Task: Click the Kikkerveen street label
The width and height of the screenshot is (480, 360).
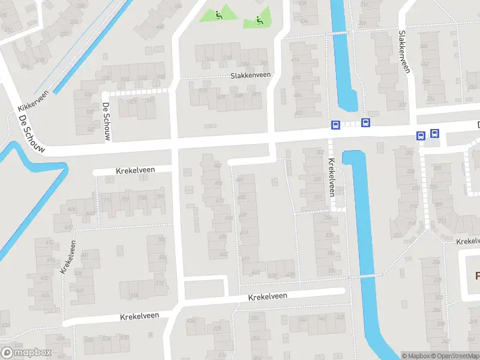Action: tap(32, 103)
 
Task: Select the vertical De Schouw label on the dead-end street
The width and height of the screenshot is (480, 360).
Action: tap(106, 122)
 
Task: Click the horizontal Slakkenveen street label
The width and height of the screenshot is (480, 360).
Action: tap(251, 76)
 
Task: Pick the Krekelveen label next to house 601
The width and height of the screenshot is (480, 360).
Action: tap(67, 256)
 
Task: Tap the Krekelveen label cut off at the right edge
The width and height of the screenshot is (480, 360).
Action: tap(467, 241)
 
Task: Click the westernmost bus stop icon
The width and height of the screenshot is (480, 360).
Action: tap(335, 125)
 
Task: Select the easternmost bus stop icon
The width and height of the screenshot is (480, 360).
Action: tap(434, 134)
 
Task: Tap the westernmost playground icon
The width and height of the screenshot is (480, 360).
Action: tap(219, 15)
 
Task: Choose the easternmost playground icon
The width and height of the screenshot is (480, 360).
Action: tap(259, 20)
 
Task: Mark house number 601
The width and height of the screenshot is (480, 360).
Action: tap(85, 255)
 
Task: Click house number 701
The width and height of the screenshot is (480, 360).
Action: tap(160, 197)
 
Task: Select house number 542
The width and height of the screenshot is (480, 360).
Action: tap(91, 129)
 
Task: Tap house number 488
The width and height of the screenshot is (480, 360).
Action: tap(160, 26)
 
